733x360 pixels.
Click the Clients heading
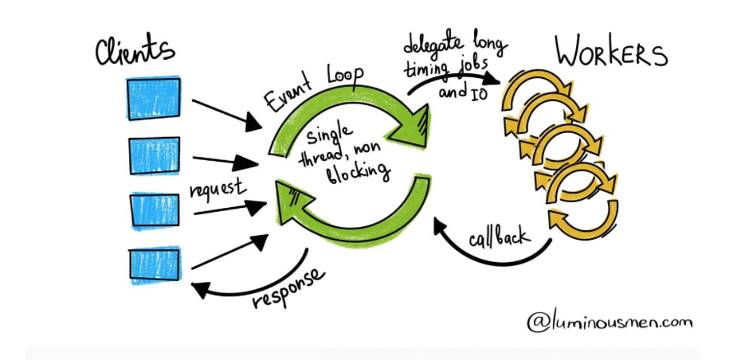click(135, 50)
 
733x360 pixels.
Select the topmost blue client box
click(153, 98)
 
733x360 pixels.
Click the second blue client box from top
click(153, 155)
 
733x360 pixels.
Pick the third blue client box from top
click(154, 211)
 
